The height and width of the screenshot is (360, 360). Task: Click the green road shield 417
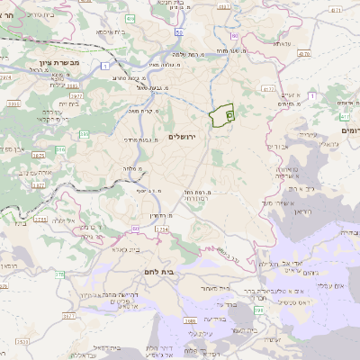point(344,117)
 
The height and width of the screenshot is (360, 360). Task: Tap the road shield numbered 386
point(84,134)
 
